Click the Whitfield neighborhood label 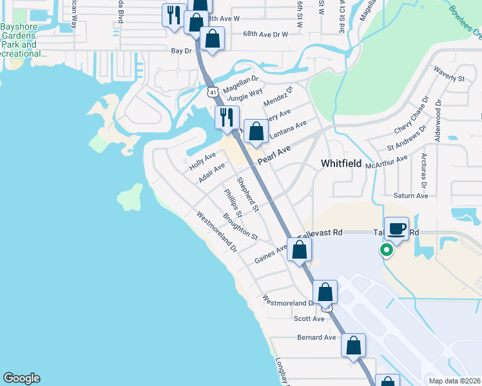coord(342,164)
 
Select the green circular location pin coord(387,250)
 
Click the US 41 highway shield coord(213,92)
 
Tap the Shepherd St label coord(247,195)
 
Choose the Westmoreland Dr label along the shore coord(217,232)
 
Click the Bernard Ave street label coord(316,337)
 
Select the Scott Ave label coord(309,318)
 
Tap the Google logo coord(21,378)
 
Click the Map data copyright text coord(454,381)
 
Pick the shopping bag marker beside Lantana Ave coord(256,131)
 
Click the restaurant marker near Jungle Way coord(226,118)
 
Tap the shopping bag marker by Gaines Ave coord(299,250)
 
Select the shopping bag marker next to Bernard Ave coord(353,345)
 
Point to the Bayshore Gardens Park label coord(19,41)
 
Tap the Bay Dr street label coord(182,50)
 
